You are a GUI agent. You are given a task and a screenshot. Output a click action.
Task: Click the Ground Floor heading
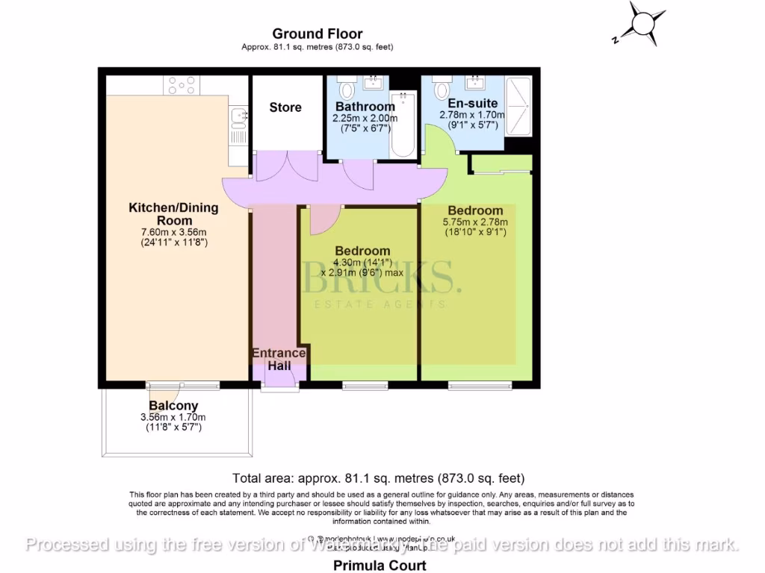point(318,34)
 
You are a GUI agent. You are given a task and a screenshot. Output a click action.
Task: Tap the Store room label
point(285,107)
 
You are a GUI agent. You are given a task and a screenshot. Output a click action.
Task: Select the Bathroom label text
point(365,107)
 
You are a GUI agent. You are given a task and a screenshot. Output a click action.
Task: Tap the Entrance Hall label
point(279,359)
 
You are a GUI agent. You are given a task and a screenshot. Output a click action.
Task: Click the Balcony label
point(173,406)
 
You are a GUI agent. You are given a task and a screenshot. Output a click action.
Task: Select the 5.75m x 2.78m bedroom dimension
point(475,222)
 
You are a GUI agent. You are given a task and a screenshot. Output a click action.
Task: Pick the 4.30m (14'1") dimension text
point(362,263)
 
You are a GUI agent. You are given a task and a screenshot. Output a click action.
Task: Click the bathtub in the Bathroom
point(403,123)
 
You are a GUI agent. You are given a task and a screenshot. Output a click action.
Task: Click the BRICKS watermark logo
point(378,278)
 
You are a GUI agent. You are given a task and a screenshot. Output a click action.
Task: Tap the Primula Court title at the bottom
point(380,566)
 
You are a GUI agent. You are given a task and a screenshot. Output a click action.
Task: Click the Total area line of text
point(380,478)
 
